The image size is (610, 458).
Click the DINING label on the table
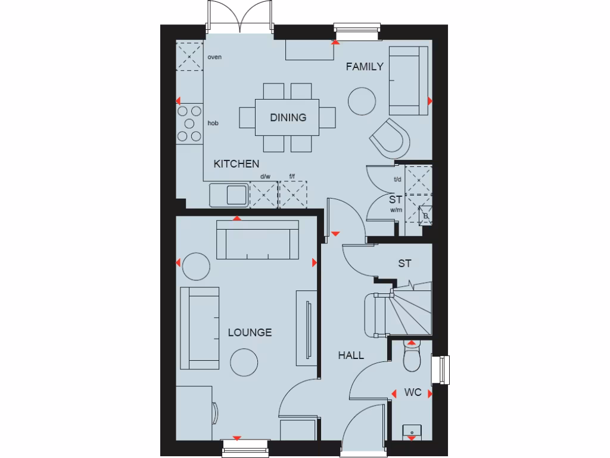288,117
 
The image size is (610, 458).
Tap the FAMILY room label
365,67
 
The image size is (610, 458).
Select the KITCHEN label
236,164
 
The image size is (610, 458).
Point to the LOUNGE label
250,333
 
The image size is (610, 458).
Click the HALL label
351,355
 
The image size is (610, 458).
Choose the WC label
413,392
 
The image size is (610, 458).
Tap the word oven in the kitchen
214,57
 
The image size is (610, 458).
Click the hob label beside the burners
213,123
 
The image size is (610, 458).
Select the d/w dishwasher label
265,177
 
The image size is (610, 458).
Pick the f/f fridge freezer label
292,177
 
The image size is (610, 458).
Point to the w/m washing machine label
396,211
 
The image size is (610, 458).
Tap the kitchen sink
229,194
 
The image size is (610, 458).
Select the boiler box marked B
427,215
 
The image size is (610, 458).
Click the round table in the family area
362,101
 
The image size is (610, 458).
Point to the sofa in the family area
408,80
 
